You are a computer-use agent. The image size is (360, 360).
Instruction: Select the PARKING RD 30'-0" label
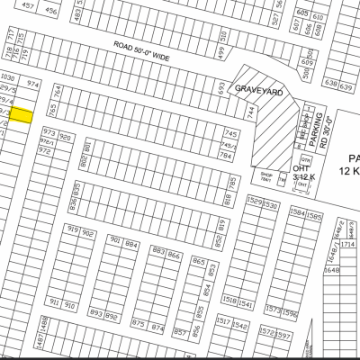coord(322,134)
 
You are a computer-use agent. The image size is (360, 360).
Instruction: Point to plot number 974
coord(34,83)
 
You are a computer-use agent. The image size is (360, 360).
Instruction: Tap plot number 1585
coord(314,215)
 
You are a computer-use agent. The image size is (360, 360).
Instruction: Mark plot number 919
coord(72,231)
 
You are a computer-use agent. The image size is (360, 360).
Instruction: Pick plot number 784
coord(227,156)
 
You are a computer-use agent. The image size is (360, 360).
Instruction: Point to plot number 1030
coord(9,78)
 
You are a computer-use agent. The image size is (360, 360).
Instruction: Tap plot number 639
coord(345,85)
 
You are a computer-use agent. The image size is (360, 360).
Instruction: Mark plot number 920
coord(65,132)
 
